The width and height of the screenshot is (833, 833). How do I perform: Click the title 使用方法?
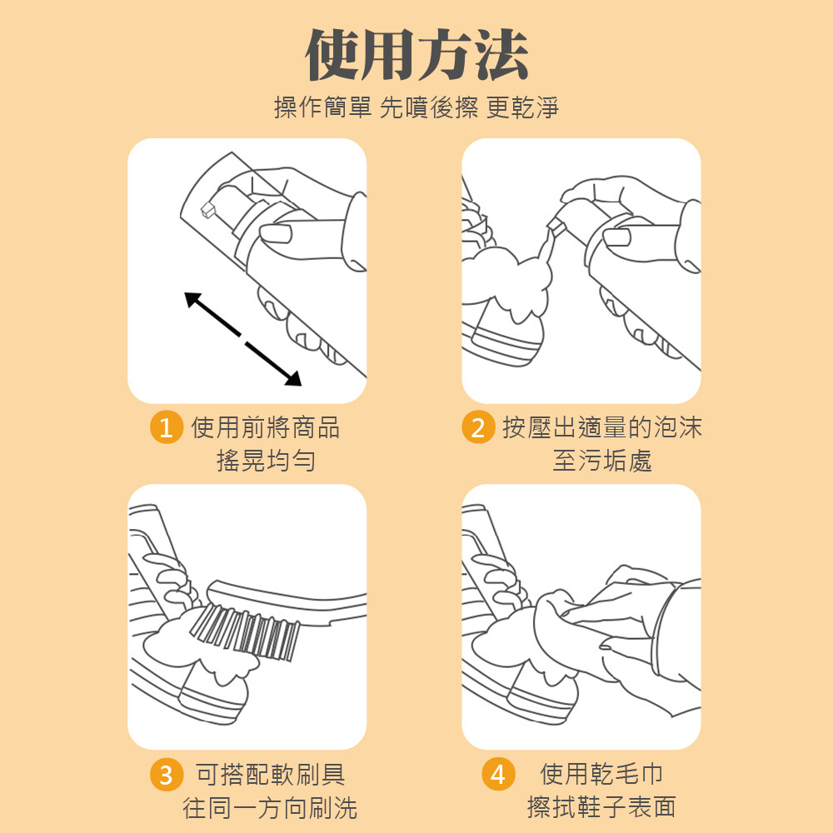coord(416,55)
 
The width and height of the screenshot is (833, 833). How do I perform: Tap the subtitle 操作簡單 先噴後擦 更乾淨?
coord(416,107)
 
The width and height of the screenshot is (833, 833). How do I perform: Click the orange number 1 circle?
coord(167,427)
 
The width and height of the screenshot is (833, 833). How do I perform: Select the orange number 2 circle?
coord(478,427)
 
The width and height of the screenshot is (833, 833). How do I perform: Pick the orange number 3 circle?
coord(167,775)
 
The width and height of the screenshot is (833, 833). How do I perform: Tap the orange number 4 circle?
coord(498,774)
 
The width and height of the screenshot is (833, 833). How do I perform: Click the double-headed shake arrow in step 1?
coord(242,338)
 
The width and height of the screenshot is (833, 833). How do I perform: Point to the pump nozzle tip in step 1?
coord(207,210)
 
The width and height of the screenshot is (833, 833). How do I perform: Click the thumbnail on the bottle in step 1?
coord(276,232)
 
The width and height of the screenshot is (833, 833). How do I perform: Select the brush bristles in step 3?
coord(244,632)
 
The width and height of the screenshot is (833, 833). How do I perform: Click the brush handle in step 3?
coord(287,601)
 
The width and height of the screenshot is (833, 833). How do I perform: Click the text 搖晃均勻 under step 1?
coord(266,460)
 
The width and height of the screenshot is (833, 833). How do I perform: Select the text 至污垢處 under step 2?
coord(602,460)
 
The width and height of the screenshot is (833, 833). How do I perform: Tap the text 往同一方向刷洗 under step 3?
coord(270,807)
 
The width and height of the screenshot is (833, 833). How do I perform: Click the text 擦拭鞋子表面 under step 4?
coord(601,807)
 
